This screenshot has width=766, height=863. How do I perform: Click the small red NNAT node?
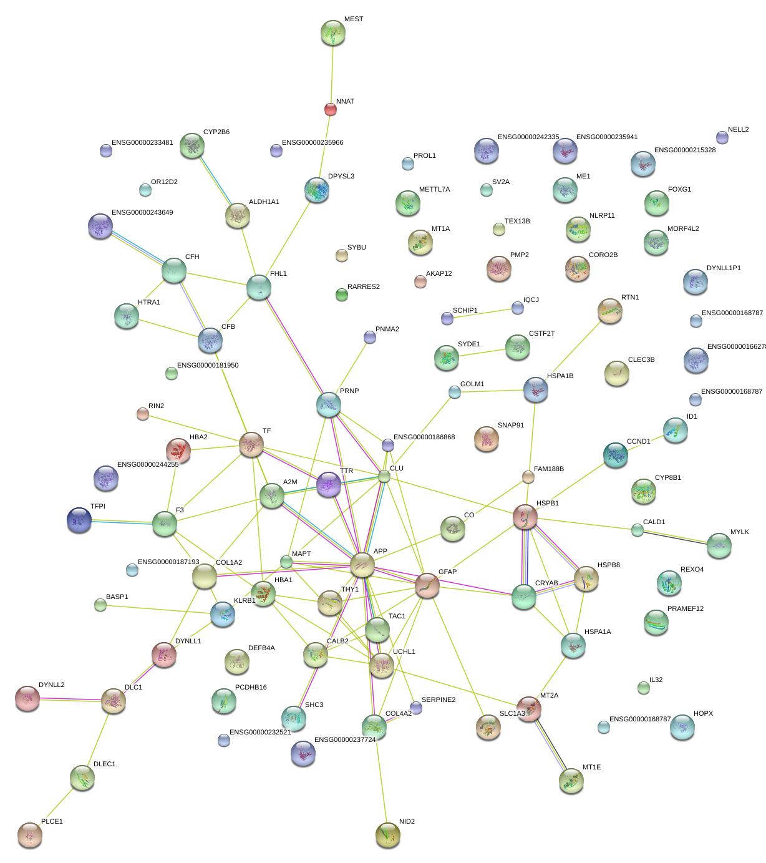[330, 109]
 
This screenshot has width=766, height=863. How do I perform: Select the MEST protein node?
[332, 32]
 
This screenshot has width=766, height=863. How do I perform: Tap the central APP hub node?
[362, 565]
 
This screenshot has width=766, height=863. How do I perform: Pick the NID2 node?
[387, 834]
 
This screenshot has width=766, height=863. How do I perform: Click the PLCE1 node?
[29, 834]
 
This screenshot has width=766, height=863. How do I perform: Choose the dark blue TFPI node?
[79, 519]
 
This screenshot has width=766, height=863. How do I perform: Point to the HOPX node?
[682, 727]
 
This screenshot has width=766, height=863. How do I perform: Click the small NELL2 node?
[722, 137]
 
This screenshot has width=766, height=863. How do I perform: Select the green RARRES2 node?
[341, 295]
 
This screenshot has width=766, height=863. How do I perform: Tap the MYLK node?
[719, 545]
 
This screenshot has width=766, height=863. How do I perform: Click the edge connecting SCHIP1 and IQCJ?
[482, 313]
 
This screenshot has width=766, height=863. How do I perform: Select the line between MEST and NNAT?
[331, 72]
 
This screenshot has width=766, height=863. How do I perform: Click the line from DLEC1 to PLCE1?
[56, 806]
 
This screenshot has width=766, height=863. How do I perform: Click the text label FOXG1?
[679, 190]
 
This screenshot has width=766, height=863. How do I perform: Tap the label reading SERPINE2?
[439, 700]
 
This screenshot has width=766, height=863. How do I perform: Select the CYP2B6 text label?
[216, 132]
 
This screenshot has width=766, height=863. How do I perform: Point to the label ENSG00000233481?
[142, 143]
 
